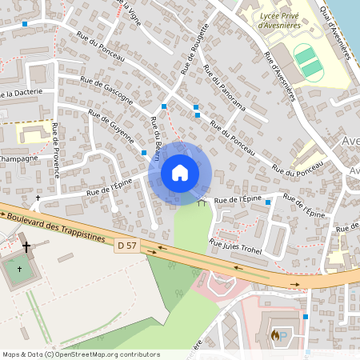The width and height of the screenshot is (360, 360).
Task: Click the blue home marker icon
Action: click(x=180, y=172)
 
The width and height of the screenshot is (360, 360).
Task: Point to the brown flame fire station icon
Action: click(x=276, y=336)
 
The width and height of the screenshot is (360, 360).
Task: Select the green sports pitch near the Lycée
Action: click(x=306, y=62)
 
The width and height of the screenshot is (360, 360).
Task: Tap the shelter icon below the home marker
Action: click(x=202, y=202)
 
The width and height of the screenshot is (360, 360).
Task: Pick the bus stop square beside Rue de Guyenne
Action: click(x=144, y=152)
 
